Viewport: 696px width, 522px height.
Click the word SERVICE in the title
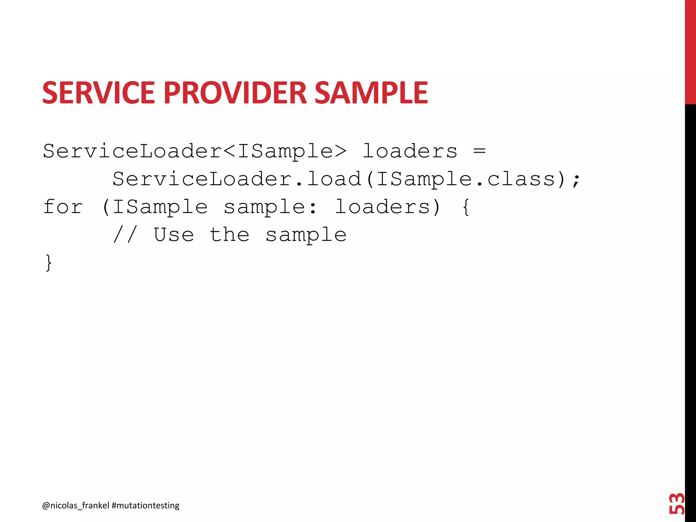99,93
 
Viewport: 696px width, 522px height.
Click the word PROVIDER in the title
235,93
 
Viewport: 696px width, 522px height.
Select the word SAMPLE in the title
371,93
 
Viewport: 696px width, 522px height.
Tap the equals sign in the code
479,151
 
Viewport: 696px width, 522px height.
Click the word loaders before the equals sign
410,151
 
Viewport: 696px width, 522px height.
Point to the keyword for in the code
63,207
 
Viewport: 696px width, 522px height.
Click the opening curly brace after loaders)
466,207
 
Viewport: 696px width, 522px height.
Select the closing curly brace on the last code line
49,263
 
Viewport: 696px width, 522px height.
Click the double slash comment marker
125,234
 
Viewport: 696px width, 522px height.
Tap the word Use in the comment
174,234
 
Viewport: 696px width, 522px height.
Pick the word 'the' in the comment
229,234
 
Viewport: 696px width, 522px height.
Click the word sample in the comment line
306,235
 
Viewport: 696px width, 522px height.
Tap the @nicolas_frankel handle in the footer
75,506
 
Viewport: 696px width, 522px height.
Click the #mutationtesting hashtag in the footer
145,506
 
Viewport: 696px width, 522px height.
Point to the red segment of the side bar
690,51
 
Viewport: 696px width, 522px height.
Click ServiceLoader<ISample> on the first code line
195,151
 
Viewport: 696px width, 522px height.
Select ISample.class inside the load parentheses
466,179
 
